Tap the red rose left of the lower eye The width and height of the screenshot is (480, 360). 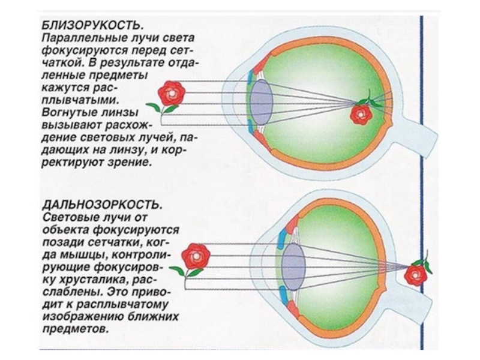tap(194, 258)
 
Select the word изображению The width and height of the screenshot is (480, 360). tap(79, 316)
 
